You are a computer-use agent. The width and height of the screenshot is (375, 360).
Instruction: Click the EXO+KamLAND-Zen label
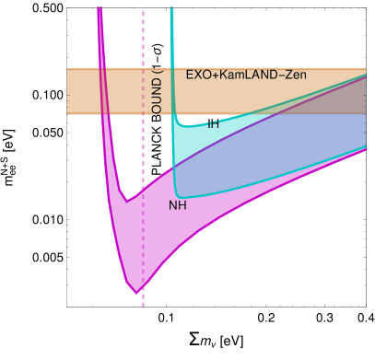[x=246, y=75]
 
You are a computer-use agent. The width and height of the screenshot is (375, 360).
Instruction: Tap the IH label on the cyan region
[x=213, y=124]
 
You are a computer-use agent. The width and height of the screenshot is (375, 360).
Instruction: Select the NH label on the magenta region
[x=178, y=205]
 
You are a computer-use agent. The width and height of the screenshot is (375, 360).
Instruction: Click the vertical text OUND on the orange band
[x=157, y=96]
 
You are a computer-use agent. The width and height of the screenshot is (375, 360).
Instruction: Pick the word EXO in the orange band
[x=198, y=75]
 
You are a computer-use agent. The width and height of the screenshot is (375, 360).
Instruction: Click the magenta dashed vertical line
[x=144, y=46]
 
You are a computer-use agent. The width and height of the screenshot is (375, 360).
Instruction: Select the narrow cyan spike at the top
[x=172, y=37]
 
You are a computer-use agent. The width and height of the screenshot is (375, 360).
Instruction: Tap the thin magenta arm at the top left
[x=100, y=37]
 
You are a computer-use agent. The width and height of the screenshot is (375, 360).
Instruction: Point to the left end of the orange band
[x=70, y=90]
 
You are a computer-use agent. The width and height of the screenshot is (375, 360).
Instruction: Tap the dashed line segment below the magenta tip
[x=144, y=302]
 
